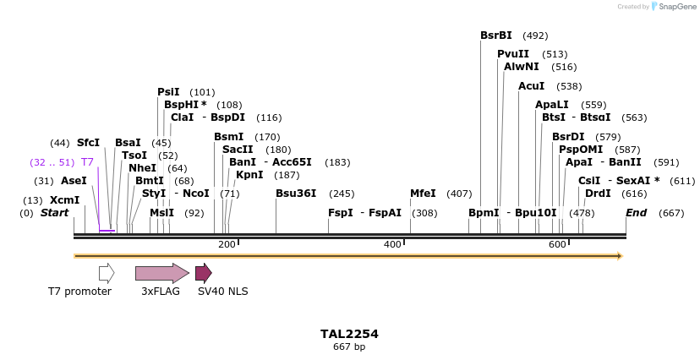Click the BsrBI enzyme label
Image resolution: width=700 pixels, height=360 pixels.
click(x=495, y=35)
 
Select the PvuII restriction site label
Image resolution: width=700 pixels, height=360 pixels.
click(x=513, y=54)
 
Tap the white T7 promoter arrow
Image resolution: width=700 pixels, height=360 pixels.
click(x=107, y=273)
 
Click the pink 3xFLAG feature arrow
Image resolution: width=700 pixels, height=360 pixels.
click(x=161, y=273)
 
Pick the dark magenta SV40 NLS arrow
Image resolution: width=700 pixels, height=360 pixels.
click(x=203, y=273)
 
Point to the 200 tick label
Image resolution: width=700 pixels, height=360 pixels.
click(x=227, y=245)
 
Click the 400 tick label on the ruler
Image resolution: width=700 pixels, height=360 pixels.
click(x=392, y=245)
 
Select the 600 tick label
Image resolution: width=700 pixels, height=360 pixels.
click(x=557, y=245)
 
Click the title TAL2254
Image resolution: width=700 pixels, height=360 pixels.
click(x=349, y=334)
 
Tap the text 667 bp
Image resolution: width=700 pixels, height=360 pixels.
click(x=349, y=347)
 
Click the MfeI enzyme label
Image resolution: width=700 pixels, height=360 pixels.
click(x=423, y=194)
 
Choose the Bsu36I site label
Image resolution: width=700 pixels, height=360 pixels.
click(x=296, y=194)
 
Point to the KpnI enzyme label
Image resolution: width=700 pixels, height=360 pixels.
click(x=249, y=175)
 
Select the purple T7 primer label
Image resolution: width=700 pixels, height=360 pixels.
click(x=87, y=162)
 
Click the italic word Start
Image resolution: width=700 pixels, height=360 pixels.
click(x=54, y=213)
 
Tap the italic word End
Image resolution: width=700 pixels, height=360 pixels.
click(x=636, y=213)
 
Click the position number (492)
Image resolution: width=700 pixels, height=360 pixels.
click(x=535, y=35)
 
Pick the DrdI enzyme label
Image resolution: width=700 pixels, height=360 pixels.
click(x=598, y=194)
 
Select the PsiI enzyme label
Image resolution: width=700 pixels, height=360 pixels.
click(x=168, y=92)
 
